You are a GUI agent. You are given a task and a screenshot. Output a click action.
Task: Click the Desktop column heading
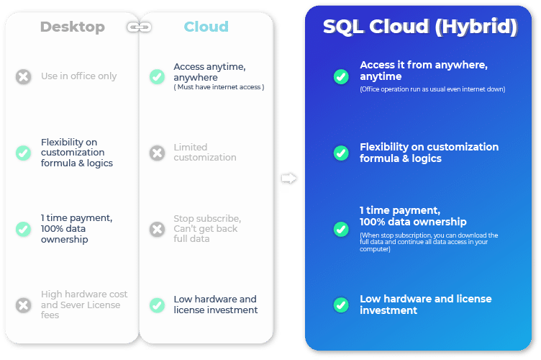coord(73,27)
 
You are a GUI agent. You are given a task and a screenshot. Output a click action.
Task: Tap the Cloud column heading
coord(206,27)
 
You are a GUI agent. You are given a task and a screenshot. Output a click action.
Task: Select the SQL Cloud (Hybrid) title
coord(420,27)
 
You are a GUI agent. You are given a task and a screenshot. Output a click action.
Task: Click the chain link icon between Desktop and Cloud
coord(139,27)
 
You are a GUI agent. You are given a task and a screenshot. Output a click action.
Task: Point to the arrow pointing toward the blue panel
coord(288,179)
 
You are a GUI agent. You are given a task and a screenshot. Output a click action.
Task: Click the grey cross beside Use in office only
coord(24,76)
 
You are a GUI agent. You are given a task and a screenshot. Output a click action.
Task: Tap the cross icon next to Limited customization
coord(157,153)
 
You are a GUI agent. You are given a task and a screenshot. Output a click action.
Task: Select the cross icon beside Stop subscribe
coord(157,229)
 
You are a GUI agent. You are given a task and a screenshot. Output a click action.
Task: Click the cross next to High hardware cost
coord(24,305)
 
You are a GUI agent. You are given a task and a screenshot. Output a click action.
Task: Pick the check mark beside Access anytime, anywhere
coord(157,76)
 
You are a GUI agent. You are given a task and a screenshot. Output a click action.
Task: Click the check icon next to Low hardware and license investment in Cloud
coord(157,305)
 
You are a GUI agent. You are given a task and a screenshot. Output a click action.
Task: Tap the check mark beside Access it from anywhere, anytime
coord(341,76)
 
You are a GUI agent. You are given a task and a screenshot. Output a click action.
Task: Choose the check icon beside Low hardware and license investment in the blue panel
coord(341,305)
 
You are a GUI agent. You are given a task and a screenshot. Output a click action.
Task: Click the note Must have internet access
coord(219,87)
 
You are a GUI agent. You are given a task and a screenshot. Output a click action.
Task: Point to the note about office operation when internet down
coord(432,89)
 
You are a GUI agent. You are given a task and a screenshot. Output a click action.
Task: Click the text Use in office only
coord(78,76)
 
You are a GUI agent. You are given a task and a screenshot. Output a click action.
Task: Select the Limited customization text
coord(205,152)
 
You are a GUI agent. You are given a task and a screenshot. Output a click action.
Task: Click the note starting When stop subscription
coord(429,243)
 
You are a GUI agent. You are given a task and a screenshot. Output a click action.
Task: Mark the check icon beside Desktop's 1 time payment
coord(24,229)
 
